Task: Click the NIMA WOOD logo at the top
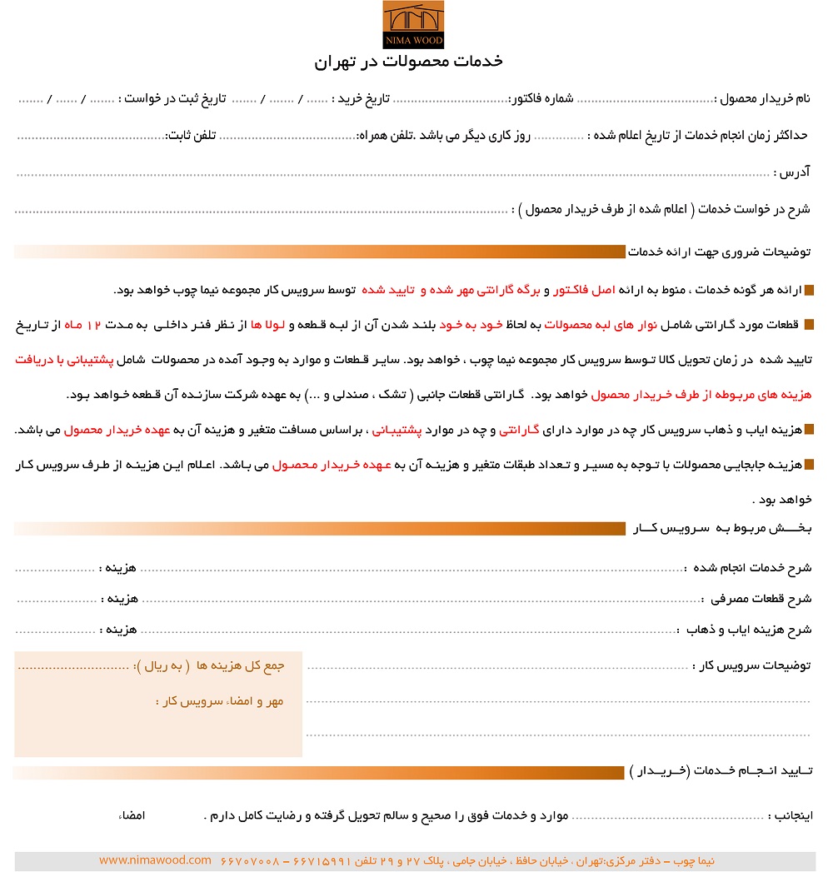[413, 25]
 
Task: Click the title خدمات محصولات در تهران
[408, 62]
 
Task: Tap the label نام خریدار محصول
[763, 99]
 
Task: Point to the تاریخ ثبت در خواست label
[174, 99]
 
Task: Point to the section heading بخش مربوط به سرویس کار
[723, 529]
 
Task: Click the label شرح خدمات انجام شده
[749, 568]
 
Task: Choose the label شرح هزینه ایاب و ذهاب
[746, 630]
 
